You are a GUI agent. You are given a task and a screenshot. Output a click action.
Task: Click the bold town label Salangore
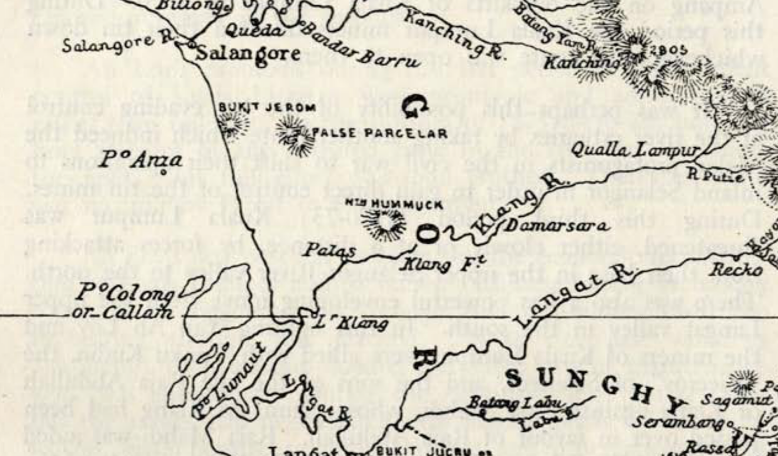248,53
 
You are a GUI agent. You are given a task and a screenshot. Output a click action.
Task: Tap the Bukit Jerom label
267,108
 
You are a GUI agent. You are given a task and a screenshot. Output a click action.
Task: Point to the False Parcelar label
379,133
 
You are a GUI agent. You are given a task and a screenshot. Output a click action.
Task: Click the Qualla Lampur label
635,150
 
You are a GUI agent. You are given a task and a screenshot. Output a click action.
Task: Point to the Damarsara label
556,226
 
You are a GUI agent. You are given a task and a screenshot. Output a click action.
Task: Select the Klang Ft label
442,264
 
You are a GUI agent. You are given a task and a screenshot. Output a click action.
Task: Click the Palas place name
329,251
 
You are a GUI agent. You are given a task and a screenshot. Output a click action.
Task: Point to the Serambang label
678,421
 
